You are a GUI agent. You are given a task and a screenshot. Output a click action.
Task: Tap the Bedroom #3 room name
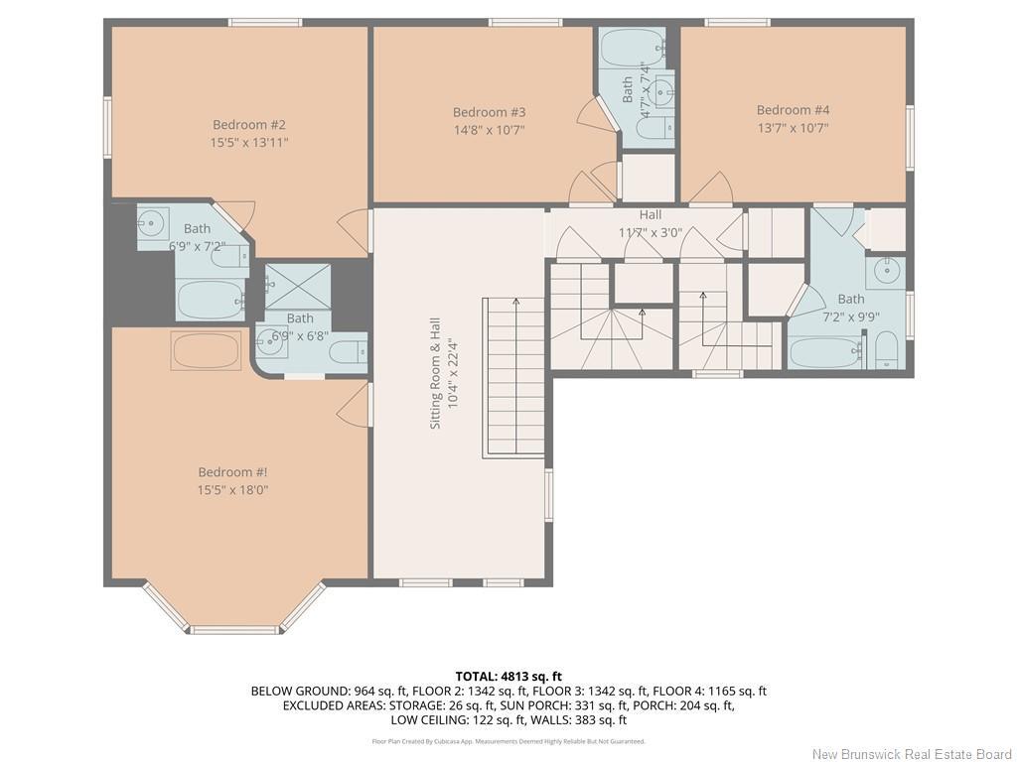[x=489, y=112]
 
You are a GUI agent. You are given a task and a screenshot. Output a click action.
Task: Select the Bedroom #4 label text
[x=793, y=110]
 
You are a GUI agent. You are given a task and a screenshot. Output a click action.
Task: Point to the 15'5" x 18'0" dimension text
[x=233, y=490]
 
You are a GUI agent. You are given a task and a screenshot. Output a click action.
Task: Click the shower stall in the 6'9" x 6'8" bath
[x=297, y=286]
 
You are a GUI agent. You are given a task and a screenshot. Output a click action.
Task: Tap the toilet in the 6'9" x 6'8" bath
[x=347, y=351]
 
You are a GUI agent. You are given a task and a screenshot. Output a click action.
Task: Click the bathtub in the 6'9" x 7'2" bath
[x=210, y=300]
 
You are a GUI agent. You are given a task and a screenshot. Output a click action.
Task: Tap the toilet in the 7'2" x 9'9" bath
[x=887, y=350]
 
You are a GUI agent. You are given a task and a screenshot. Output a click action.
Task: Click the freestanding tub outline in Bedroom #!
[x=206, y=351]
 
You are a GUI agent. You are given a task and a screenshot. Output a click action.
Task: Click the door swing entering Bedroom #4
[x=711, y=189]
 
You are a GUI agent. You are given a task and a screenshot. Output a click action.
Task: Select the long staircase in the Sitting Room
[x=513, y=377]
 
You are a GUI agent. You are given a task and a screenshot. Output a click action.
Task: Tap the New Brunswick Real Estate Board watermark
[x=910, y=754]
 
